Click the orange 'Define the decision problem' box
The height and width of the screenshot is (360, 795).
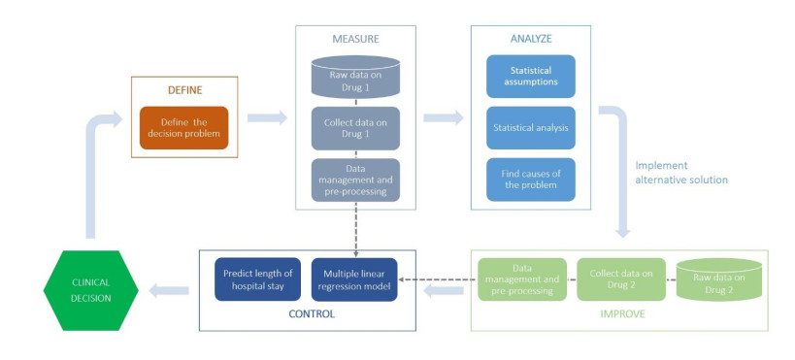pyautogui.click(x=183, y=128)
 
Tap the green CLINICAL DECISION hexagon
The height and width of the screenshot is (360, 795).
pyautogui.click(x=90, y=290)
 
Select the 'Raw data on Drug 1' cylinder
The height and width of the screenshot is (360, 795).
pyautogui.click(x=355, y=77)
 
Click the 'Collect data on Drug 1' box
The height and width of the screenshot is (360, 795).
pyautogui.click(x=355, y=128)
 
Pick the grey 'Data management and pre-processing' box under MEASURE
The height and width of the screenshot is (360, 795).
pyautogui.click(x=355, y=180)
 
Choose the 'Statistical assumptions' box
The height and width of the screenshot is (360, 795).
pyautogui.click(x=531, y=76)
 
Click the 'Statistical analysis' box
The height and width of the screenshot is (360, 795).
pyautogui.click(x=531, y=128)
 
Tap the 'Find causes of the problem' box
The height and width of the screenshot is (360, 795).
pyautogui.click(x=531, y=180)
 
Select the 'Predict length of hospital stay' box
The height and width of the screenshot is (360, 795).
pyautogui.click(x=257, y=279)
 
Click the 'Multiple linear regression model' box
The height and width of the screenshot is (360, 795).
pyautogui.click(x=354, y=279)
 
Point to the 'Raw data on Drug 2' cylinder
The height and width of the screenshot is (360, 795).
pyautogui.click(x=719, y=279)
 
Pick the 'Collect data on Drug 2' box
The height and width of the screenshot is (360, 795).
pyautogui.click(x=621, y=279)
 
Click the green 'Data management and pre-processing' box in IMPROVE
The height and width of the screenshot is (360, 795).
pyautogui.click(x=521, y=279)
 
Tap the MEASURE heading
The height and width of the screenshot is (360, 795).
pyautogui.click(x=355, y=39)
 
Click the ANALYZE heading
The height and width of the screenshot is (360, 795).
pyautogui.click(x=531, y=39)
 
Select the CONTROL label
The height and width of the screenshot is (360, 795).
pyautogui.click(x=312, y=314)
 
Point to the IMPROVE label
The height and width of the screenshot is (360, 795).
pyautogui.click(x=622, y=314)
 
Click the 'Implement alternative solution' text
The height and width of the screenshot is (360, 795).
pyautogui.click(x=681, y=173)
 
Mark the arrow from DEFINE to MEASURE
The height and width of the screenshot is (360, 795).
pyautogui.click(x=267, y=117)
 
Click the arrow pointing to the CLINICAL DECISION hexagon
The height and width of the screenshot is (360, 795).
pyautogui.click(x=169, y=290)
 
